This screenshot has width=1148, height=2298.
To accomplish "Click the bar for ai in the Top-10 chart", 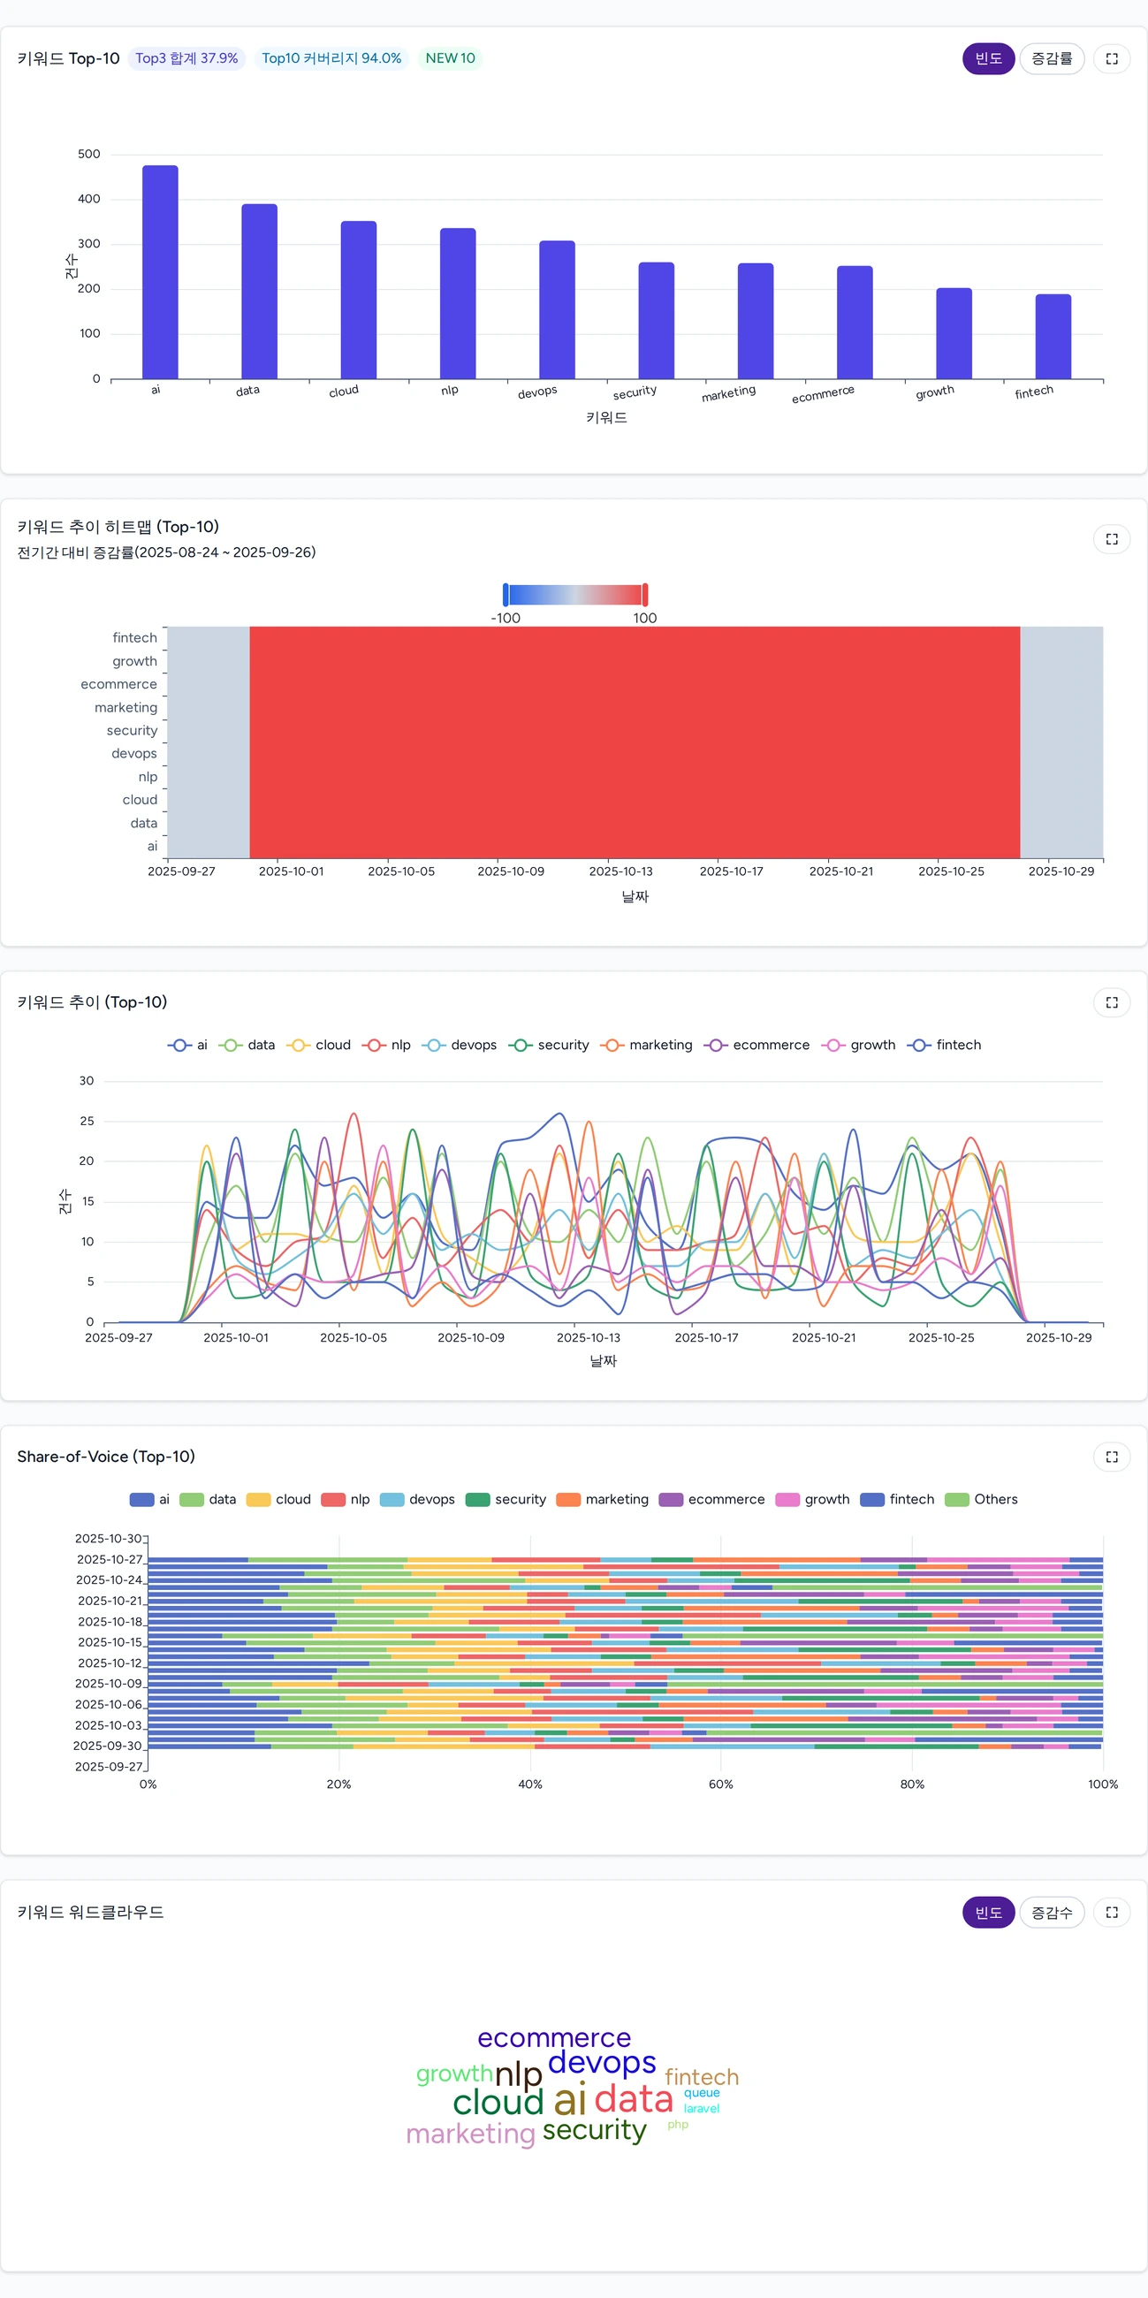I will pyautogui.click(x=160, y=272).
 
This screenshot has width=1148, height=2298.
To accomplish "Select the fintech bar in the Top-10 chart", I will pyautogui.click(x=1053, y=337).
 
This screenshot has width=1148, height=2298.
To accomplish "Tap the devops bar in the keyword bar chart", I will pyautogui.click(x=557, y=309).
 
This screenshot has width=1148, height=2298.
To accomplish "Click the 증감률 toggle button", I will pyautogui.click(x=1051, y=59).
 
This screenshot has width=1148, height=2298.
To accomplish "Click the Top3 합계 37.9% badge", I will pyautogui.click(x=186, y=59).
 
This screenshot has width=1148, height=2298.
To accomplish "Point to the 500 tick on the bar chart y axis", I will pyautogui.click(x=89, y=155).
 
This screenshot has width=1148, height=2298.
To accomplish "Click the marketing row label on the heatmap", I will pyautogui.click(x=125, y=707).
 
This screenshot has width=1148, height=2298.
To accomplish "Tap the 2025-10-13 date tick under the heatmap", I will pyautogui.click(x=620, y=871).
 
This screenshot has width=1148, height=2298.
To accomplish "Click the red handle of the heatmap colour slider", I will pyautogui.click(x=645, y=595).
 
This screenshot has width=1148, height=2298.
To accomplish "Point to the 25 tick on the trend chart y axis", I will pyautogui.click(x=87, y=1121).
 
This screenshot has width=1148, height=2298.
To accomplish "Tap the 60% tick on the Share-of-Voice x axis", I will pyautogui.click(x=721, y=1784).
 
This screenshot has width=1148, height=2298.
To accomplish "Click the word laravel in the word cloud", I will pyautogui.click(x=701, y=2108).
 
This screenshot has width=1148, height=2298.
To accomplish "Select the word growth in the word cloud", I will pyautogui.click(x=454, y=2074).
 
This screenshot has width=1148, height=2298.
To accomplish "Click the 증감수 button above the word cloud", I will pyautogui.click(x=1051, y=1913).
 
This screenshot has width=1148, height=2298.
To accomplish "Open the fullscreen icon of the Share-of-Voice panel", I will pyautogui.click(x=1112, y=1457).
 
